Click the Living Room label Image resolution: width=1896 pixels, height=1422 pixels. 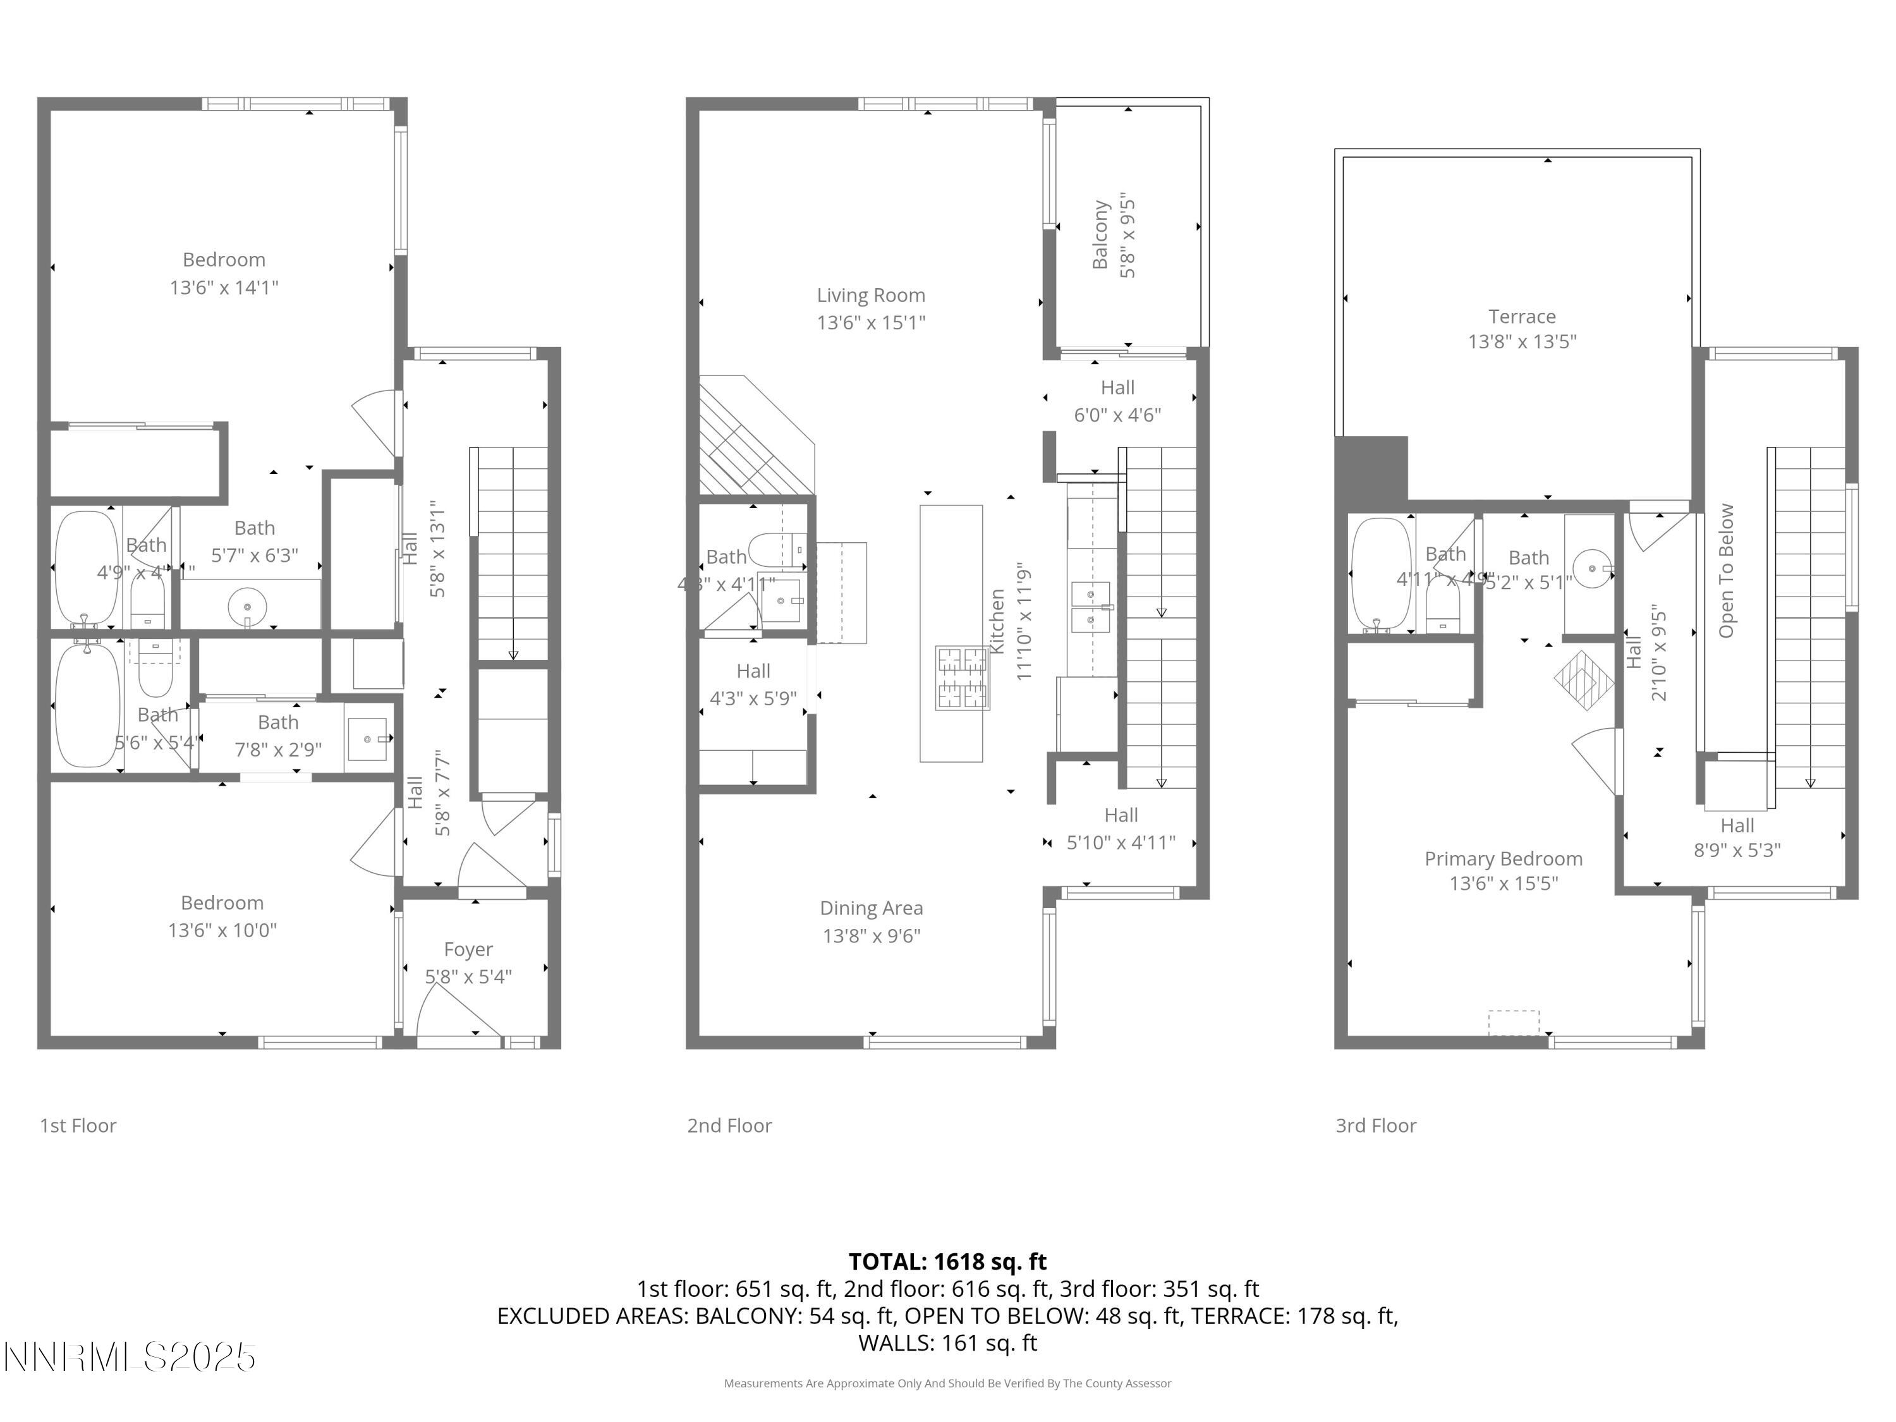click(871, 295)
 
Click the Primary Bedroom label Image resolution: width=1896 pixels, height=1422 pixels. click(1504, 858)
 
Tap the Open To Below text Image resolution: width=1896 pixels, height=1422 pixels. click(1726, 571)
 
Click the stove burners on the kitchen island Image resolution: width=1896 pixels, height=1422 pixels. click(962, 677)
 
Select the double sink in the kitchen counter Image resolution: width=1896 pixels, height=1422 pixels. click(1090, 606)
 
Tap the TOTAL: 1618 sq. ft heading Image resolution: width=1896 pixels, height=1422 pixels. click(947, 1261)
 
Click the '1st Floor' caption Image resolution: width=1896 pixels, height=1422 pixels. click(78, 1126)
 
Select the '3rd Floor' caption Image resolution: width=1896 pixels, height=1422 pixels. click(1376, 1126)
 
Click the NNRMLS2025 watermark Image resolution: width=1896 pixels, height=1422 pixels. click(130, 1357)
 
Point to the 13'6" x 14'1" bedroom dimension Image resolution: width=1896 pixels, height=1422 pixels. click(224, 287)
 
